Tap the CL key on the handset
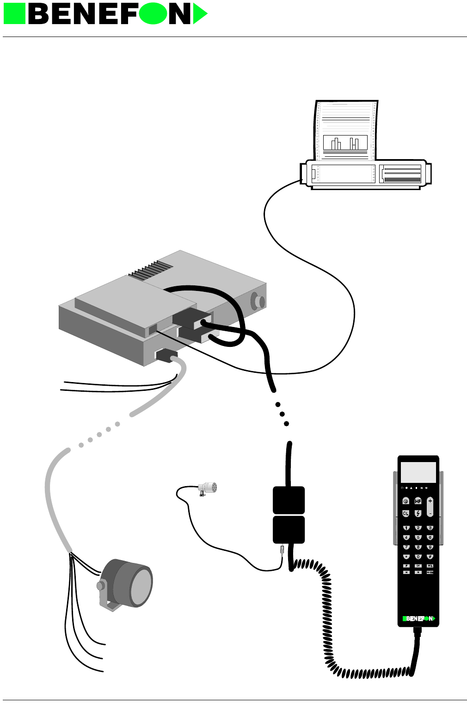coord(406,513)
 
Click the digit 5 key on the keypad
coord(418,537)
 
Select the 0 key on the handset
coord(418,557)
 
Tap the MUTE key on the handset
coord(430,573)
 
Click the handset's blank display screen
coord(418,472)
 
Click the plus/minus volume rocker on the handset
coord(430,507)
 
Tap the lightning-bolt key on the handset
coord(418,513)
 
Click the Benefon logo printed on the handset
coord(418,618)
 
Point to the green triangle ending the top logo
coord(199,14)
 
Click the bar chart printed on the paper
coord(345,143)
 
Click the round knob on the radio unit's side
coord(258,302)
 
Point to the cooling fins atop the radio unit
coord(151,271)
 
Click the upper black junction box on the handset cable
coord(289,500)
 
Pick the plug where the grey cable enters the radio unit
coord(166,356)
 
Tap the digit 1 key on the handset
coord(406,528)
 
